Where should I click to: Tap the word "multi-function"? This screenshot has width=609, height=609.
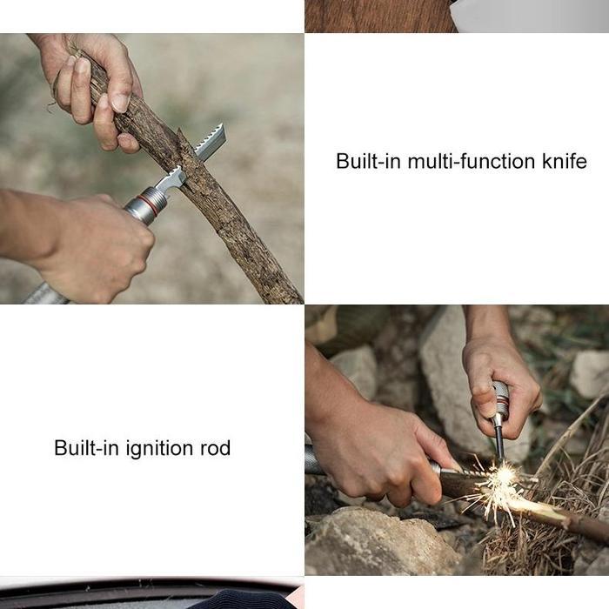click(x=458, y=162)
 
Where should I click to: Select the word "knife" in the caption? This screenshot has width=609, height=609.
click(x=564, y=162)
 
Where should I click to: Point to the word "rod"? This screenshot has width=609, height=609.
click(x=214, y=449)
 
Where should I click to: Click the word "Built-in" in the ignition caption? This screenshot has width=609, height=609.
click(x=82, y=449)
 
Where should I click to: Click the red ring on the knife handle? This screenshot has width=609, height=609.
click(x=149, y=205)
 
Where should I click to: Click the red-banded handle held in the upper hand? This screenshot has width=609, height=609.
click(x=501, y=400)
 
